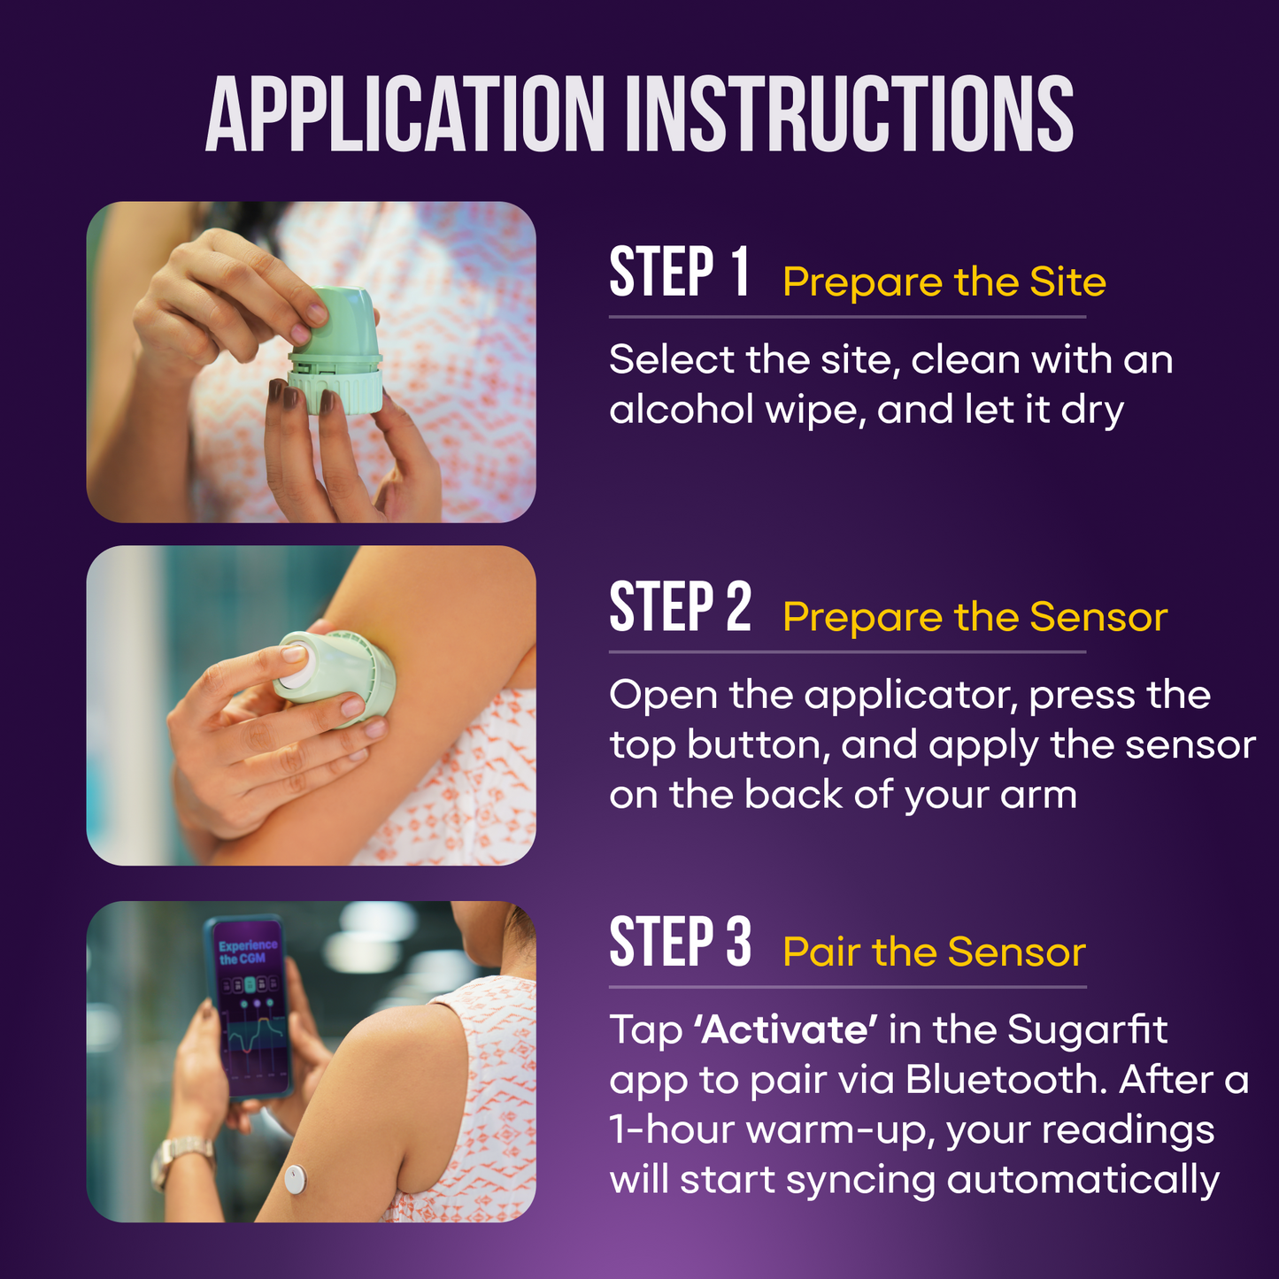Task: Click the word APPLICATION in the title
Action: click(x=405, y=115)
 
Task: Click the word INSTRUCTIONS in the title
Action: click(x=850, y=115)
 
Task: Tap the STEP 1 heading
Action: click(x=679, y=273)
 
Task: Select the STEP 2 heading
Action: click(x=680, y=608)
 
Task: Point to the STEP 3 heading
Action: click(x=680, y=943)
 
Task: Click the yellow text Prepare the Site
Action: click(x=944, y=282)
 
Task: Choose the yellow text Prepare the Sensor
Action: click(x=975, y=617)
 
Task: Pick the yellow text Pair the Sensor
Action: click(x=934, y=952)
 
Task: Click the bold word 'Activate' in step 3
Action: click(x=786, y=1030)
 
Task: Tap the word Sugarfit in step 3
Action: click(x=1087, y=1030)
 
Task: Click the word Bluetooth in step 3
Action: click(x=1005, y=1080)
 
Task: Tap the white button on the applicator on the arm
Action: click(x=294, y=664)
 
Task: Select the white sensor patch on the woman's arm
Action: click(x=295, y=1178)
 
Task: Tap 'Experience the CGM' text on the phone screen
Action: click(x=248, y=952)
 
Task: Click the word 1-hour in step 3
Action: click(x=672, y=1130)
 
